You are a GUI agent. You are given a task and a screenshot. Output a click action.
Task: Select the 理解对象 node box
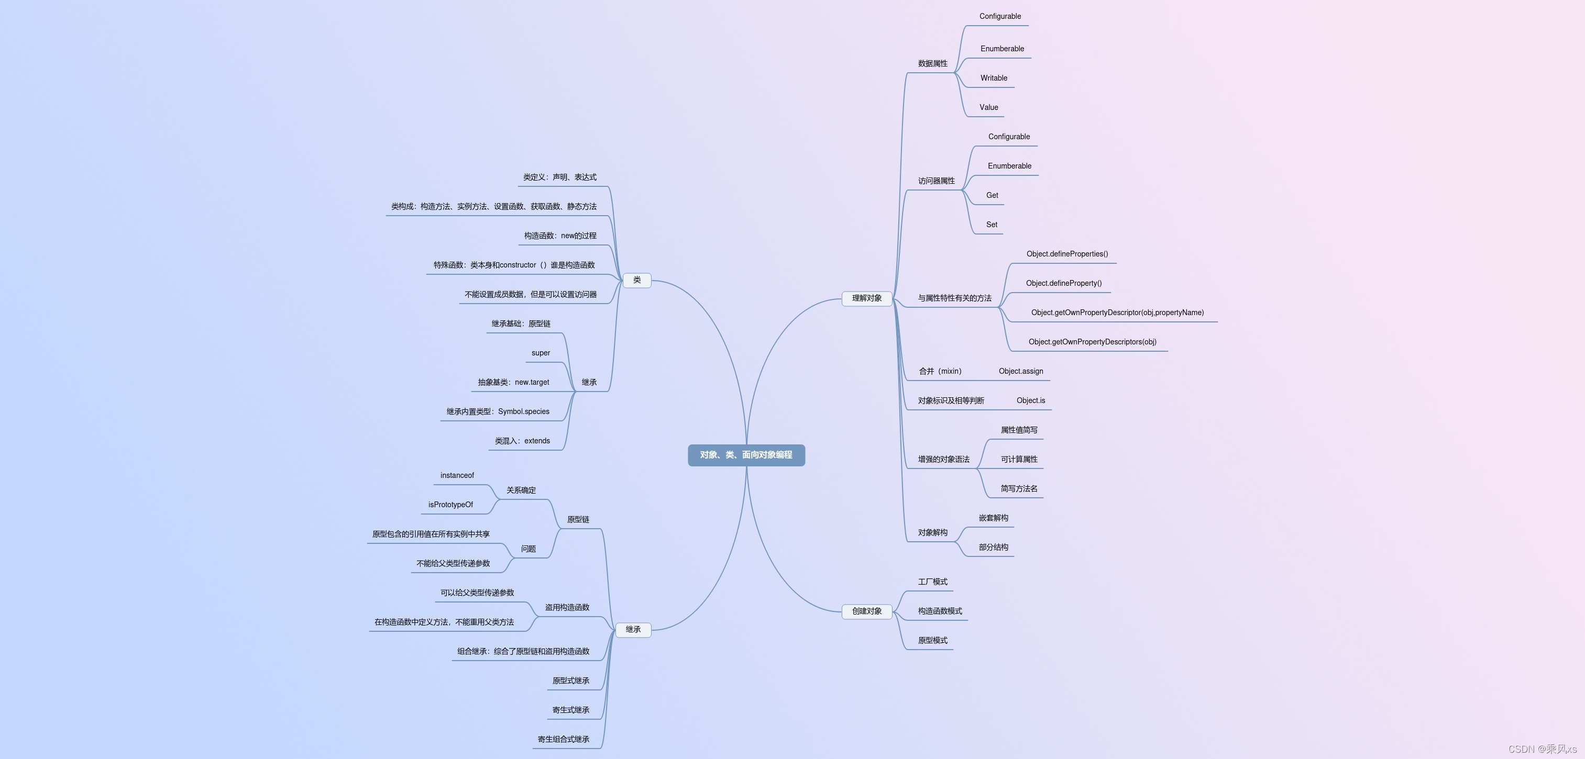(x=866, y=298)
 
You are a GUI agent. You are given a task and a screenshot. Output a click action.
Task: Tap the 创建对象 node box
(x=866, y=611)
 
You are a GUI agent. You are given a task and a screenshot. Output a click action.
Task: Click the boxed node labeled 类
(x=637, y=281)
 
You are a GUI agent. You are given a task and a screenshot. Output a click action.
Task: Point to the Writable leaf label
(x=994, y=78)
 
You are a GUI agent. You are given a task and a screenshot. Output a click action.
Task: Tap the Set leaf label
(x=991, y=225)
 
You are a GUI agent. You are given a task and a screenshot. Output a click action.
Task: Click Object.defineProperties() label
(x=1067, y=254)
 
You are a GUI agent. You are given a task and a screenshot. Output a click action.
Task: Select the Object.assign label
(x=1021, y=372)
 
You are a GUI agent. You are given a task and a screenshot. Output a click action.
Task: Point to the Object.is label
(x=1031, y=401)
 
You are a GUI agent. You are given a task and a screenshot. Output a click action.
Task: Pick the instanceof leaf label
(x=457, y=475)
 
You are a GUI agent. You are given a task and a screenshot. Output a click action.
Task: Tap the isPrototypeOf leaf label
(x=450, y=505)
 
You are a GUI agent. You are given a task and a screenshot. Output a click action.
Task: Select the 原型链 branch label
(x=578, y=520)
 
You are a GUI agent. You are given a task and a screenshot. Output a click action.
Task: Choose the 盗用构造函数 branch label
(x=567, y=608)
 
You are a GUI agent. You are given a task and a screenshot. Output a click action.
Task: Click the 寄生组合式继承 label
(x=563, y=739)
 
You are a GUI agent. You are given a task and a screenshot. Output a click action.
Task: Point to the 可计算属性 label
(x=1019, y=460)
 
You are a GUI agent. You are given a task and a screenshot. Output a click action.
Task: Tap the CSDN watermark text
(x=1542, y=749)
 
